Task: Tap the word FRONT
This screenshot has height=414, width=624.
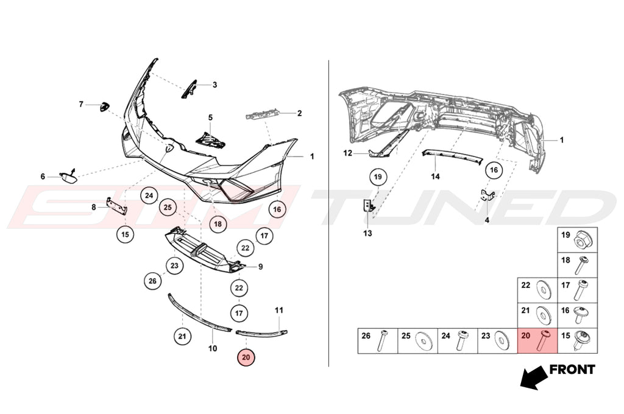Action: pos(572,370)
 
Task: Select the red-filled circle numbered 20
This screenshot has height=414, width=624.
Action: pos(246,357)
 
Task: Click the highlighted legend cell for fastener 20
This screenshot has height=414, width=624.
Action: pos(537,340)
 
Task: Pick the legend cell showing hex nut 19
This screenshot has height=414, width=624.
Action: pos(577,240)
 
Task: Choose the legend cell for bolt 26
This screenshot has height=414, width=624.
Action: pos(378,340)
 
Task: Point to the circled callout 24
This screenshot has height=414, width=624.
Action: pos(149,195)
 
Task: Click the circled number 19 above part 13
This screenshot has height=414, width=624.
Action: pos(378,177)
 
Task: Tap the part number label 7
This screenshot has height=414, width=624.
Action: pos(81,104)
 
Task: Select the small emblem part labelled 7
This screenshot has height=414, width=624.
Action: pos(105,107)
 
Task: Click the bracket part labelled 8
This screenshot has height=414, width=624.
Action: pos(116,206)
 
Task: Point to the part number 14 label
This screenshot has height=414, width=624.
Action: pos(435,176)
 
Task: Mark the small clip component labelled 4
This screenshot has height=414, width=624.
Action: pos(487,195)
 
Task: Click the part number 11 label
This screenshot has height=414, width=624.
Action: pos(279,310)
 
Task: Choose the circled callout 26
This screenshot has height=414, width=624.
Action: pos(152,281)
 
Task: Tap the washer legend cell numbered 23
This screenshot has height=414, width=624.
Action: pos(497,340)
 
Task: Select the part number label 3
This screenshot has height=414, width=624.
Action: pos(214,85)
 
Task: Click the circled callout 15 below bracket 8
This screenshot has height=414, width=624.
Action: pos(125,234)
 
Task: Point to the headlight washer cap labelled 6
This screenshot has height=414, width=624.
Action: pos(68,176)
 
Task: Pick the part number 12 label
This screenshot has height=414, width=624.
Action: pos(348,153)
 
